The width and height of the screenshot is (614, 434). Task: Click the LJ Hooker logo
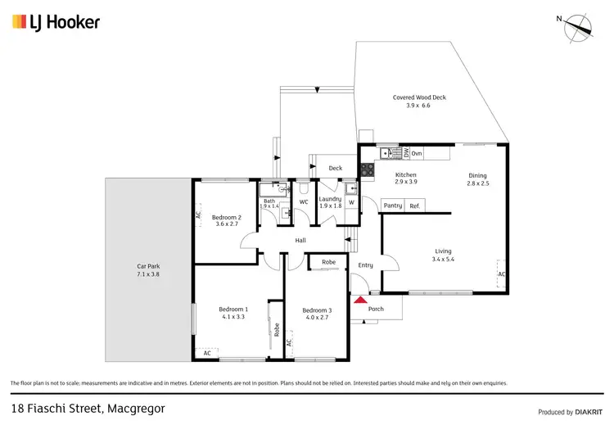56,22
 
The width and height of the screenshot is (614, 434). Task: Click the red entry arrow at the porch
359,301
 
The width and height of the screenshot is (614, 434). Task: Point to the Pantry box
392,206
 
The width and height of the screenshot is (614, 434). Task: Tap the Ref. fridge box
414,206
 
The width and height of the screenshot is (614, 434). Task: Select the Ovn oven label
416,153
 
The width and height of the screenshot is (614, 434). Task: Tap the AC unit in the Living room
502,274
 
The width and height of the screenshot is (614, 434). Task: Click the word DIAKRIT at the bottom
589,412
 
